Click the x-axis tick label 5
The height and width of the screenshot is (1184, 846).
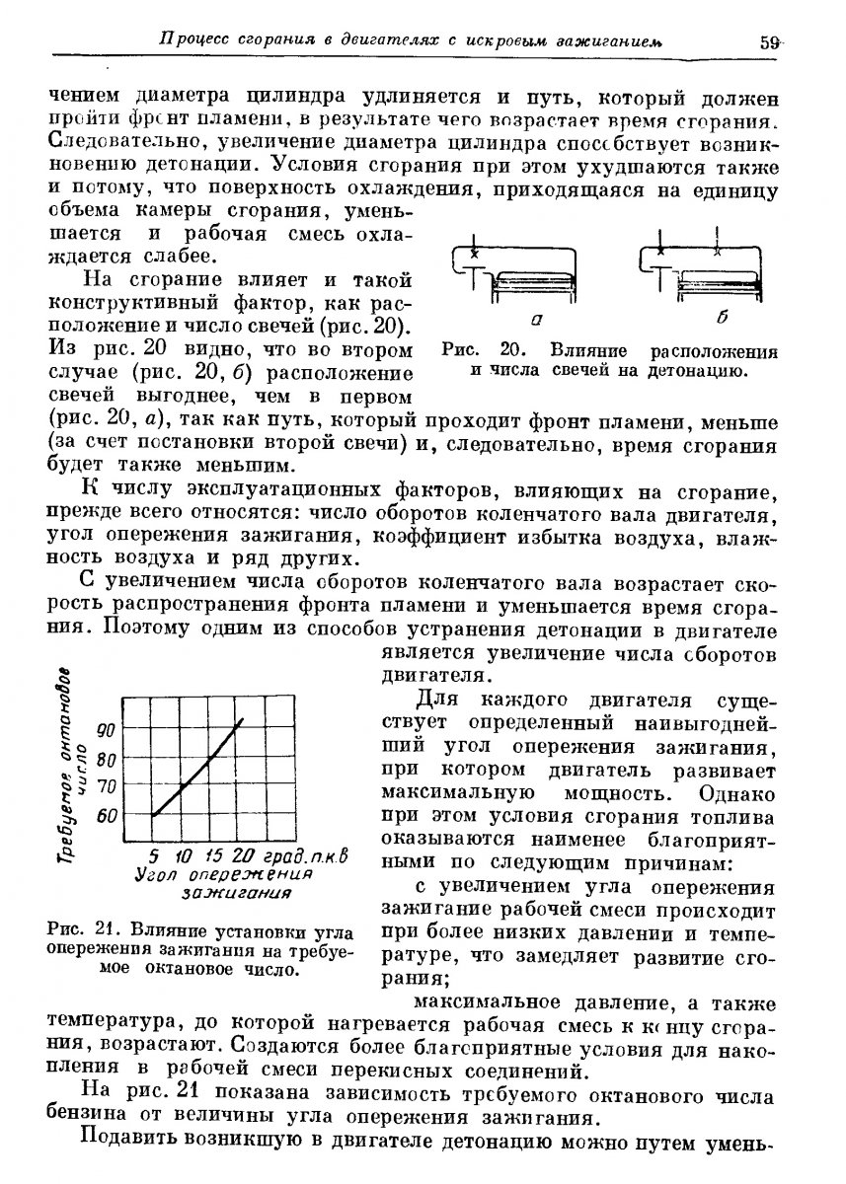(x=155, y=854)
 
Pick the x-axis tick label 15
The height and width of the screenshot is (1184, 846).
(x=213, y=854)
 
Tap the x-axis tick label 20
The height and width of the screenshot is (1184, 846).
(x=246, y=854)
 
